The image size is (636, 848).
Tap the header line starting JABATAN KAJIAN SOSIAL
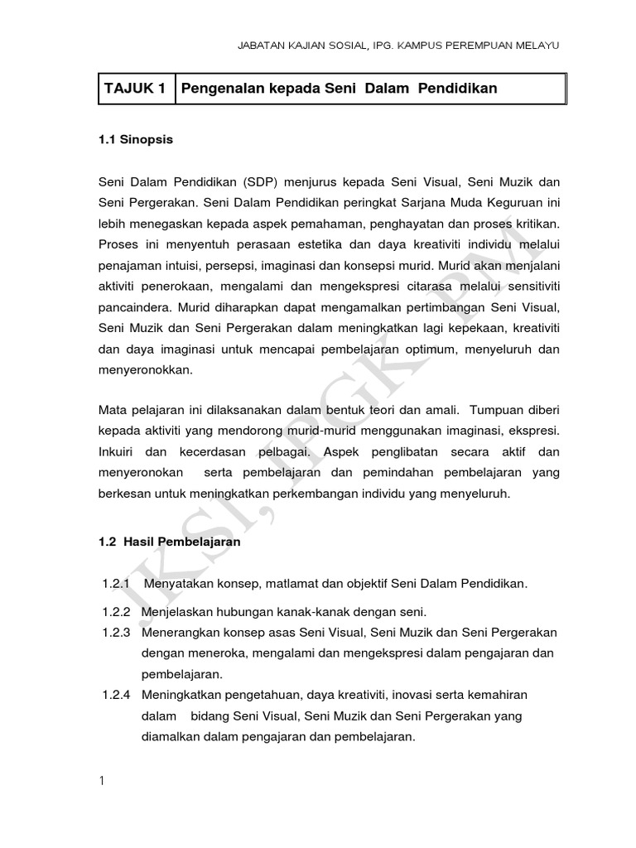(399, 46)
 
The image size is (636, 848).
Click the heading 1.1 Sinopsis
(136, 140)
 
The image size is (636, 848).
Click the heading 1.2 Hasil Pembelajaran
(169, 542)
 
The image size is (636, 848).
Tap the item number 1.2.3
(116, 632)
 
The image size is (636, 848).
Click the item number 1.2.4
(116, 695)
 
